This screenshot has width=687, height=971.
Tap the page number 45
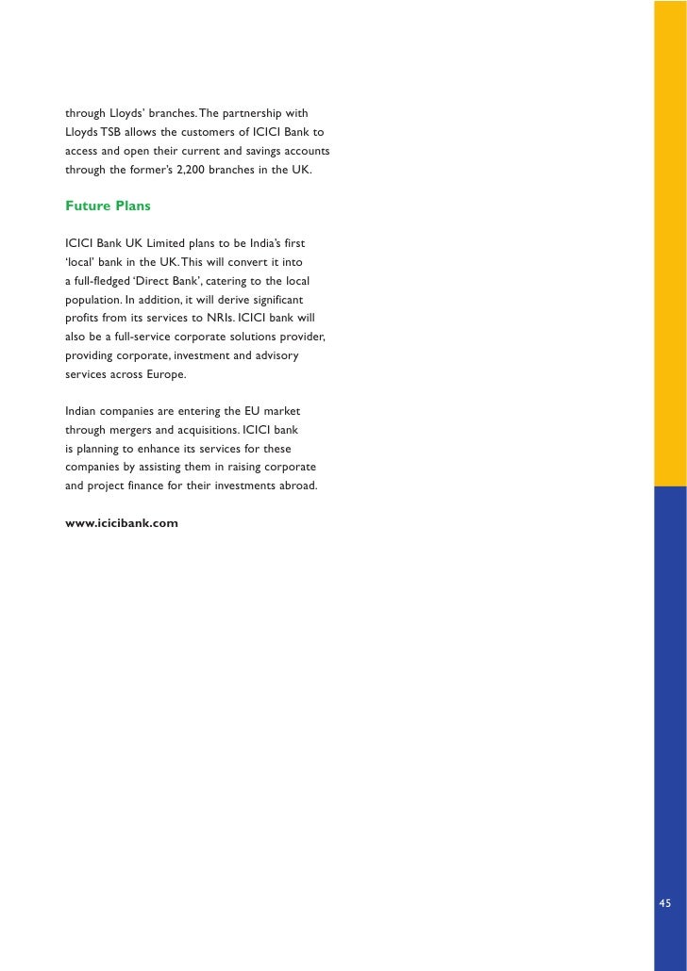(x=665, y=903)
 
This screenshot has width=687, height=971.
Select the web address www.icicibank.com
(x=122, y=521)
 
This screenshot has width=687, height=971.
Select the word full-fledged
(x=104, y=280)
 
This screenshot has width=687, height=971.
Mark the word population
(x=92, y=299)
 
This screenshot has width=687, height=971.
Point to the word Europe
(x=163, y=373)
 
